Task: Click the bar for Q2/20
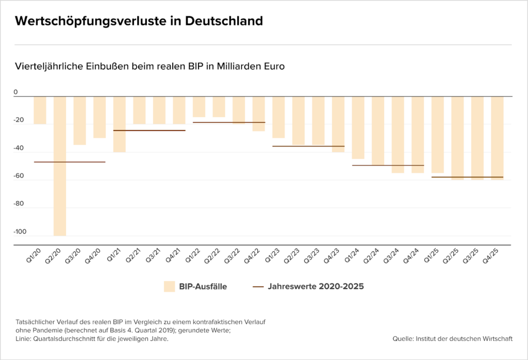click(60, 166)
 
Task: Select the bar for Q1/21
click(120, 124)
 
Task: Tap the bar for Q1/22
click(199, 107)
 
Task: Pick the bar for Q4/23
click(338, 124)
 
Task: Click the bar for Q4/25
click(498, 138)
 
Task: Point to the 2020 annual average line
click(70, 162)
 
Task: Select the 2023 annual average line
click(308, 146)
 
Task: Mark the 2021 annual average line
click(149, 130)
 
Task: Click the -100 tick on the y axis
click(20, 232)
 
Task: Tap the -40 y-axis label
click(19, 148)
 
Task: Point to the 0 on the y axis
click(15, 92)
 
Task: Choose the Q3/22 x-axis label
click(233, 256)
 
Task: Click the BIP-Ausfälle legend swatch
click(169, 287)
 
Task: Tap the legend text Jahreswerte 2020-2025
click(316, 287)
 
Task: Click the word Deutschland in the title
click(224, 21)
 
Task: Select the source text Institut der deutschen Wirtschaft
click(464, 339)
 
